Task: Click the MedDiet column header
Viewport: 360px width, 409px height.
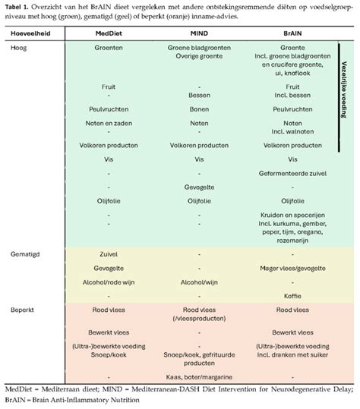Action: [109, 33]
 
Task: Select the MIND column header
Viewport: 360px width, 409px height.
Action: [199, 33]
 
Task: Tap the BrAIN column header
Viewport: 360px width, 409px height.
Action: [292, 33]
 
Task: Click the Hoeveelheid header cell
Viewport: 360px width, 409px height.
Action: [30, 33]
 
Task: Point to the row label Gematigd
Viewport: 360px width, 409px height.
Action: [25, 254]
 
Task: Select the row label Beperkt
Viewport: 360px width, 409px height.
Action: [22, 310]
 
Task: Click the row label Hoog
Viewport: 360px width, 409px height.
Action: [18, 48]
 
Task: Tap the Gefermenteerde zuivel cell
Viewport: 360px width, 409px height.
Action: [292, 174]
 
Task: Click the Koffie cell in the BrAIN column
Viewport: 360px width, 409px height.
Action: [292, 296]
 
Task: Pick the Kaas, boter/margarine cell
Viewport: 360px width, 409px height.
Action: [199, 377]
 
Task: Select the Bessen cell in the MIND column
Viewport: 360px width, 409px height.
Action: [199, 95]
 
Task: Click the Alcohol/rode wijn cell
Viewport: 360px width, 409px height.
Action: [109, 282]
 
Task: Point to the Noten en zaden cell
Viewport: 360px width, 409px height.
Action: [109, 123]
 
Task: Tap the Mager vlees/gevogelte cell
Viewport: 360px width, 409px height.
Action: [292, 269]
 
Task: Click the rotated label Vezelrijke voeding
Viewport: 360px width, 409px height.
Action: [344, 90]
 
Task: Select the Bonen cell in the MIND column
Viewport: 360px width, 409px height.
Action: [199, 109]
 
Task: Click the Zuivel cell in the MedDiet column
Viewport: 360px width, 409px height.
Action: [109, 254]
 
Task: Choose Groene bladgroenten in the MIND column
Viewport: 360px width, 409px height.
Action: [199, 48]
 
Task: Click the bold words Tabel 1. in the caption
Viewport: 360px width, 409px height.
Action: [17, 7]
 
